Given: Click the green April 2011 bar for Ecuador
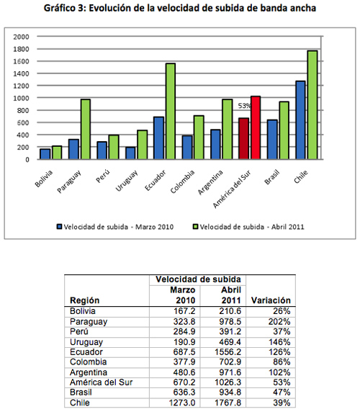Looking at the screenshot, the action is (x=171, y=111).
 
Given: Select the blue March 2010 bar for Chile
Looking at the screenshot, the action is (x=300, y=120).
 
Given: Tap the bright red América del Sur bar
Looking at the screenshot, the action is (x=256, y=127).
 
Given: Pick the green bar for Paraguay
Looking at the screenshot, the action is (x=86, y=129).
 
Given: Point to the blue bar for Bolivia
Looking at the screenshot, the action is (x=45, y=154).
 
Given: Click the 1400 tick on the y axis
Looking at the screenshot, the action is (x=21, y=73).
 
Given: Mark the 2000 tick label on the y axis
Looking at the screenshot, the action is (x=21, y=37).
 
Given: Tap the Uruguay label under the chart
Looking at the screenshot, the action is (x=127, y=180).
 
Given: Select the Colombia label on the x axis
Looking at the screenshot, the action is (x=182, y=181).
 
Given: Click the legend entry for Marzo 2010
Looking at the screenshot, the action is (x=115, y=227).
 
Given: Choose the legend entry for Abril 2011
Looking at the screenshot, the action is (x=248, y=227).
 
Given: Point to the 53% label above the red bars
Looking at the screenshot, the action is (x=244, y=106).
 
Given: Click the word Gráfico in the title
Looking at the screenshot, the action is (x=60, y=9).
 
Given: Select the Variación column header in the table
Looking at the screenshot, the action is (x=271, y=300).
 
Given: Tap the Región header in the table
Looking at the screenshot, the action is (x=84, y=300).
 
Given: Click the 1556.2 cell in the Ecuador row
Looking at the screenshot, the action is (x=228, y=352).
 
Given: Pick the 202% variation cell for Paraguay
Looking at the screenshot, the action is (x=279, y=322).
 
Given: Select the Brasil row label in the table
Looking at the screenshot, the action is (x=81, y=393).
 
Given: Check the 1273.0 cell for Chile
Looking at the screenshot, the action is (x=182, y=403).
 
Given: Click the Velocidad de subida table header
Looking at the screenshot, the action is (x=198, y=279).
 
